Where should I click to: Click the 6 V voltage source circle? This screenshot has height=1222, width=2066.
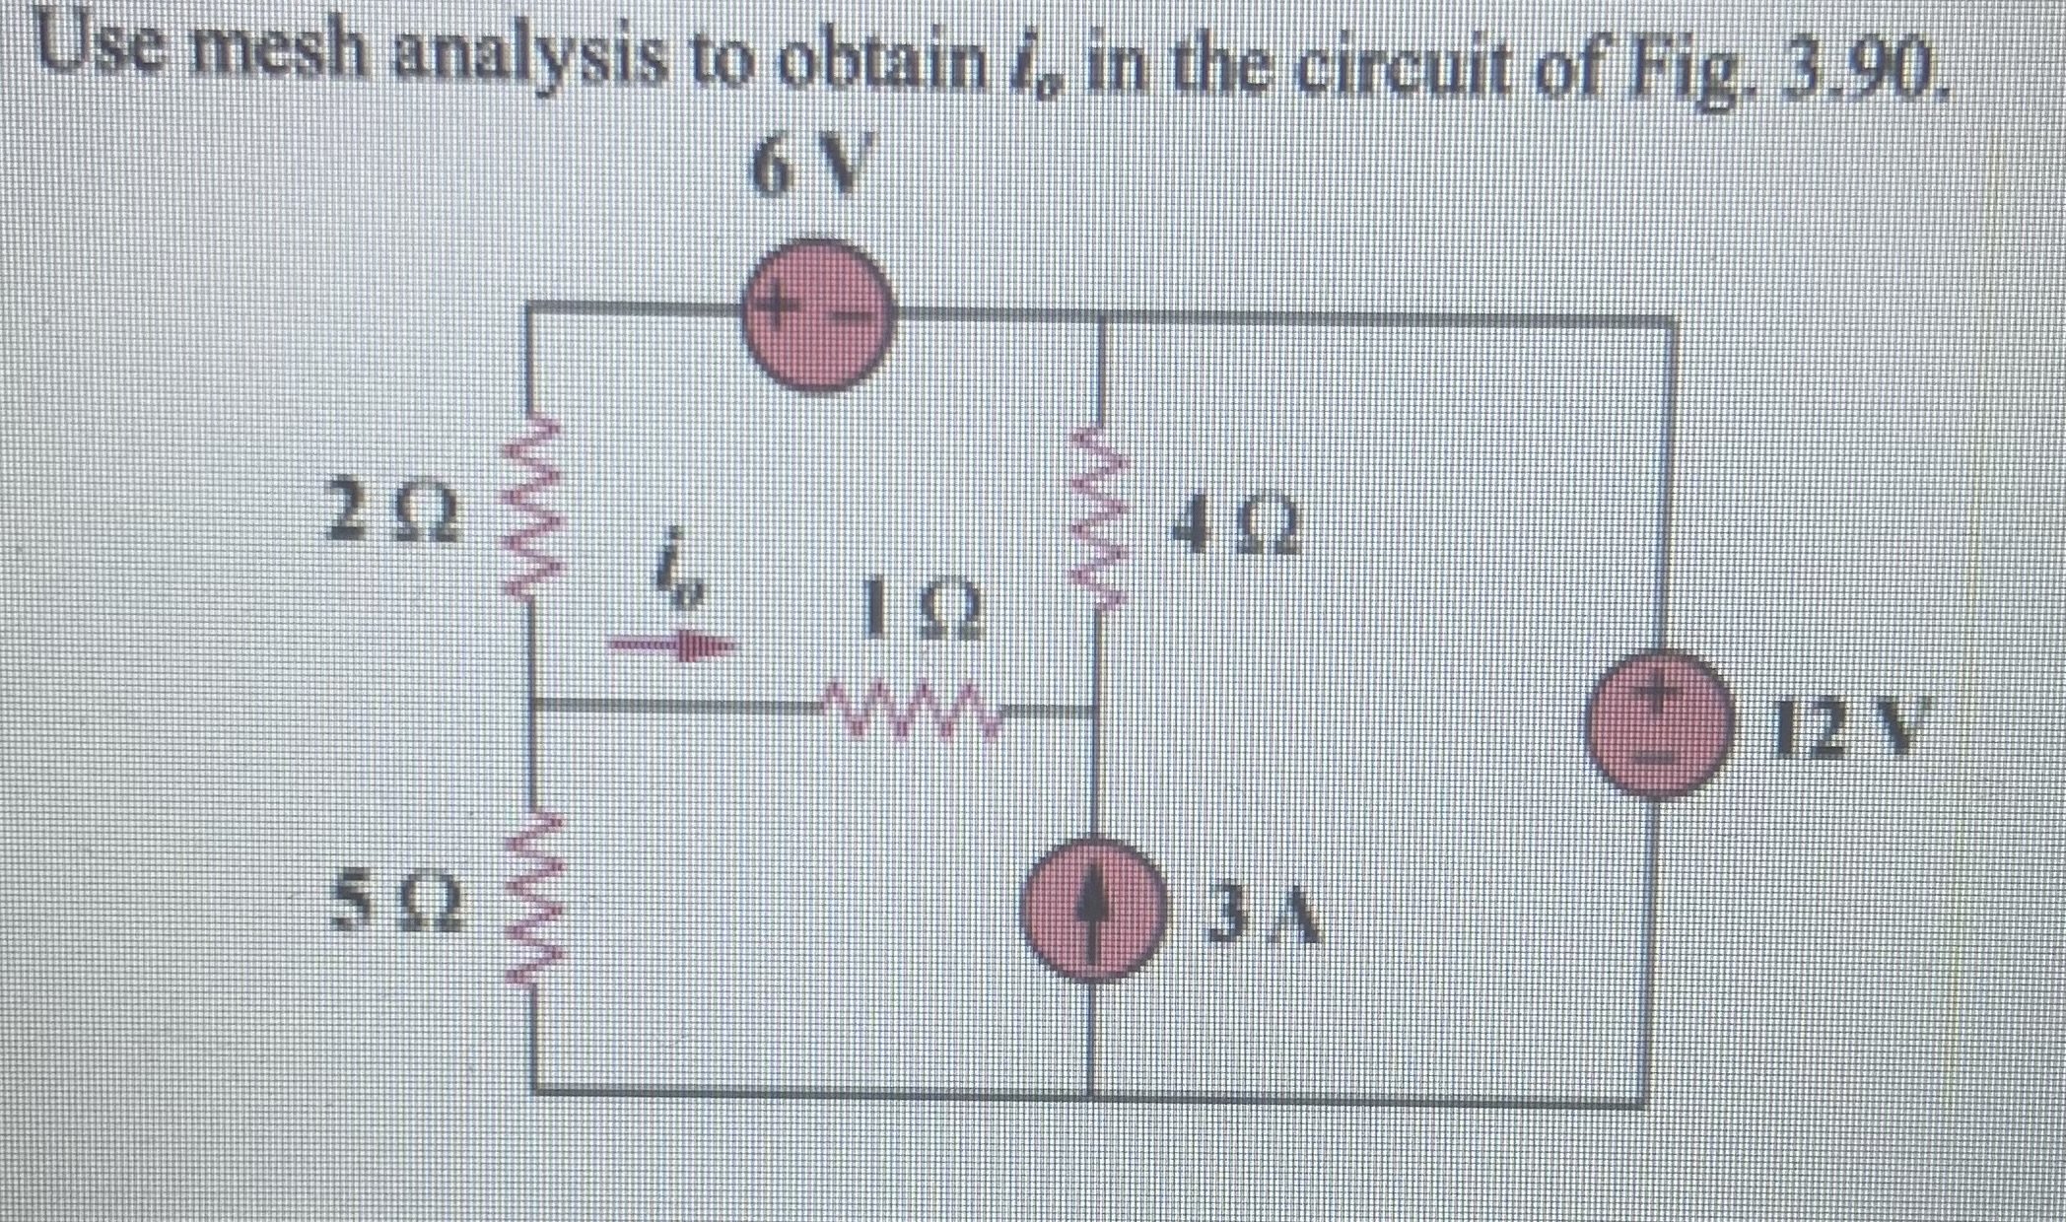point(817,314)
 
